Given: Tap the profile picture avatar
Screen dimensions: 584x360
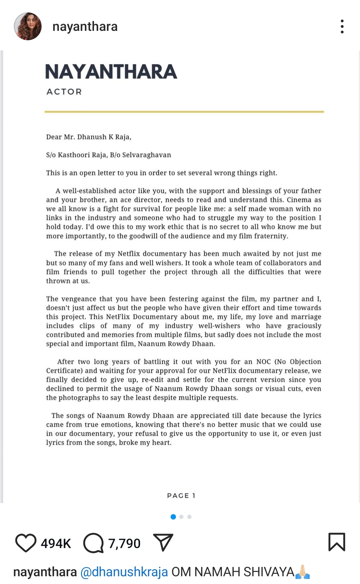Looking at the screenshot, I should pos(28,27).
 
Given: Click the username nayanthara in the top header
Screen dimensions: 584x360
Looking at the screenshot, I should pos(85,27).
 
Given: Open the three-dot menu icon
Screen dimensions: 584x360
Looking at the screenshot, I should pos(342,27).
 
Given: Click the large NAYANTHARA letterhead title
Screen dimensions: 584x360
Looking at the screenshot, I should pos(111,72).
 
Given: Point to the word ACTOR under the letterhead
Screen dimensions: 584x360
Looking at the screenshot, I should pos(64,92).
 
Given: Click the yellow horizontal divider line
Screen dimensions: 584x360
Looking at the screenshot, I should pos(184,111).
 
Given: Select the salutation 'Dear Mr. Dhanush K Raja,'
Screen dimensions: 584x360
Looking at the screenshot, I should pos(89,137).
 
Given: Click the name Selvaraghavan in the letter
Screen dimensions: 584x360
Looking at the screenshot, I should pos(146,155).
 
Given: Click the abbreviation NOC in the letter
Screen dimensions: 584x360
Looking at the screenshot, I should pos(263,361).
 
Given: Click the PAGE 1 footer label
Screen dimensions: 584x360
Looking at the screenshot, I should pos(181,495).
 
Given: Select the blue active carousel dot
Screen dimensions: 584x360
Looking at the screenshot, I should pos(173,517).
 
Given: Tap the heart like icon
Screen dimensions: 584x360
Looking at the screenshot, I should pos(26,543).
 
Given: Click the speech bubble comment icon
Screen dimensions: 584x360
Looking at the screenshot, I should pos(93,543).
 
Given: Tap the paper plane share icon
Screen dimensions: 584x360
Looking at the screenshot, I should pos(163,542).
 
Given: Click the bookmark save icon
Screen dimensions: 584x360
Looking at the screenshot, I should pos(336,542).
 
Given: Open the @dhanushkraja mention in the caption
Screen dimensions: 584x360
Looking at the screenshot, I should pos(124,572).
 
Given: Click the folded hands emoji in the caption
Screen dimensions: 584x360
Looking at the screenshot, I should pos(302,572).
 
